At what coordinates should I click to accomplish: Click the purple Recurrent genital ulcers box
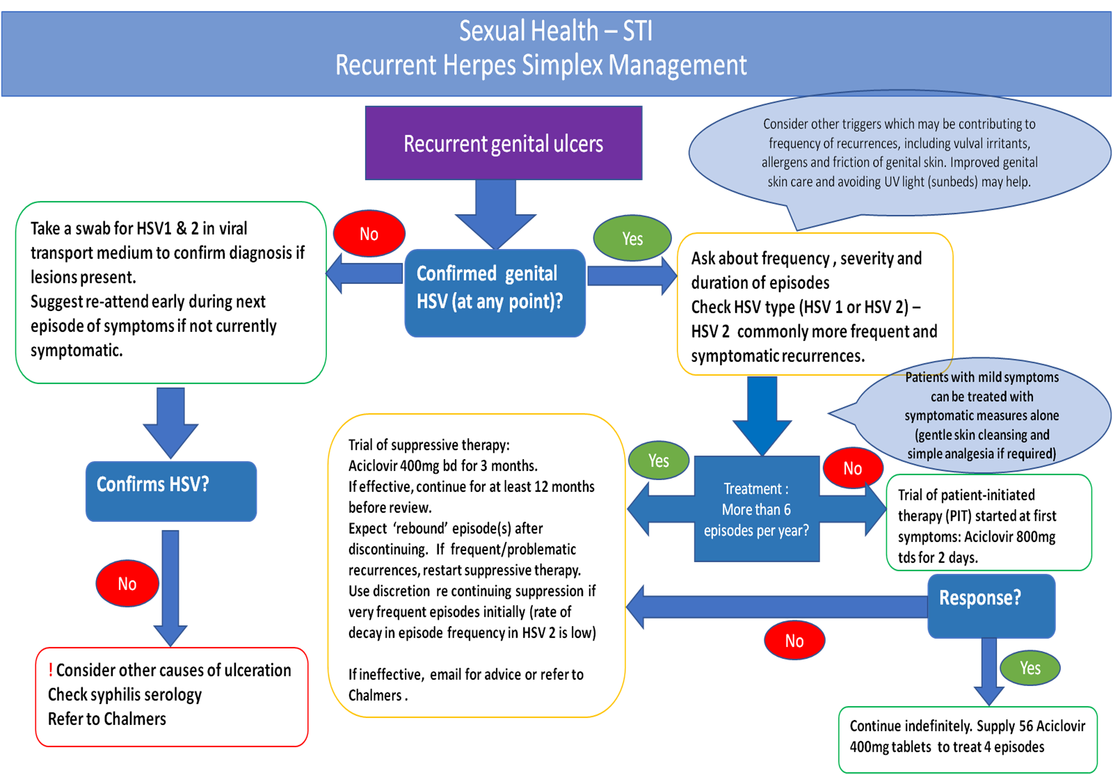point(503,143)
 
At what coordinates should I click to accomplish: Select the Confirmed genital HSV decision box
point(495,293)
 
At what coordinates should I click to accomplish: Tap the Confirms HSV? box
point(170,490)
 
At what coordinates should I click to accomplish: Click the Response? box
point(991,605)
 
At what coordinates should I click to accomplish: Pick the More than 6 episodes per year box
point(756,509)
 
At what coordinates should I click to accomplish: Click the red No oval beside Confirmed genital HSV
point(369,234)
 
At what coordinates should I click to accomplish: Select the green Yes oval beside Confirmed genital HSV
point(632,239)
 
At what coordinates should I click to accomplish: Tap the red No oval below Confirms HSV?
point(127,584)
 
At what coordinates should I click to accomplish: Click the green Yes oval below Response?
point(1030,668)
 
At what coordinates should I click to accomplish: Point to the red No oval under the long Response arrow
point(794,641)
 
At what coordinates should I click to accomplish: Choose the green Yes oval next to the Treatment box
point(658,461)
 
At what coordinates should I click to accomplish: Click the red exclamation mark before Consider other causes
point(51,670)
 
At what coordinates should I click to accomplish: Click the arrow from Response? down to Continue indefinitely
point(988,671)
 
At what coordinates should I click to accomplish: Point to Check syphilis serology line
point(125,694)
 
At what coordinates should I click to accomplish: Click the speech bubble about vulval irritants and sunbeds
point(899,153)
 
